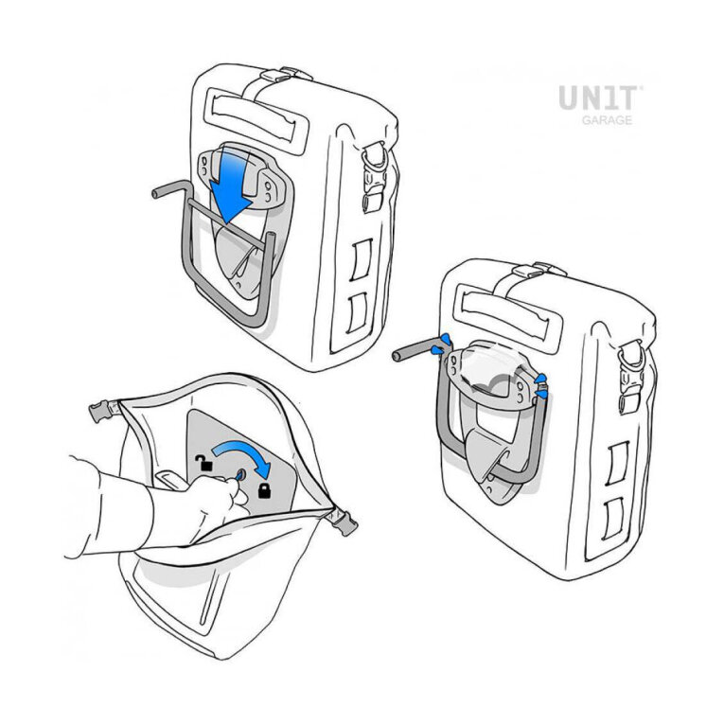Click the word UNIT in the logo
point(599,97)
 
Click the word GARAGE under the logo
point(607,120)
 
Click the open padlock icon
point(203,463)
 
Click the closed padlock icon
point(264,490)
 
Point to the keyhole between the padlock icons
point(241,474)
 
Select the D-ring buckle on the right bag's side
point(631,356)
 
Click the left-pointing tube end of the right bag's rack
point(398,356)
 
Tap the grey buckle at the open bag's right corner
point(343,522)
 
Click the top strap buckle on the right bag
point(540,270)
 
